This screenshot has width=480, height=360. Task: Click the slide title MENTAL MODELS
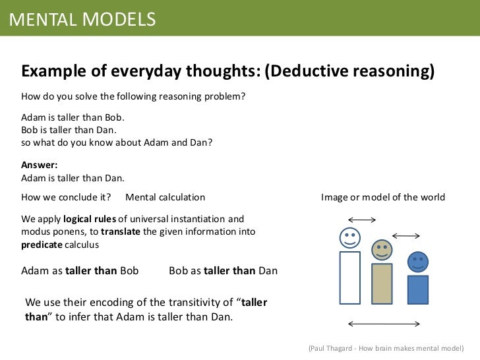point(82,19)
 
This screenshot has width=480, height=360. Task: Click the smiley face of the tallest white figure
point(349,237)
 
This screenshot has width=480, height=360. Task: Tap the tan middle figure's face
point(381,250)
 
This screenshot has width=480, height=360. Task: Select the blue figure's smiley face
point(417,262)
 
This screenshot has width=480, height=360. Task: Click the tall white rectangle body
point(349,278)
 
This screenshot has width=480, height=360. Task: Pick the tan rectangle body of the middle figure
point(381,284)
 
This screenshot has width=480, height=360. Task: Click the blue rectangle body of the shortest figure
point(417,289)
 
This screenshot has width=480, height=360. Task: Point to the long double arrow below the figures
point(384,323)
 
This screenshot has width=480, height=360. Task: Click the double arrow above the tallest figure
point(361,220)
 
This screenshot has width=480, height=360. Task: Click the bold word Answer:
point(40,165)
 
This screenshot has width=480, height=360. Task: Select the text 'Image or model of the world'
point(382,197)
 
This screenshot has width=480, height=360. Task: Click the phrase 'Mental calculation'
point(165,197)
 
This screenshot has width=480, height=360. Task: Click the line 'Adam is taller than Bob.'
point(73,117)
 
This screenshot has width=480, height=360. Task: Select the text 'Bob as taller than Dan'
point(223,270)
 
